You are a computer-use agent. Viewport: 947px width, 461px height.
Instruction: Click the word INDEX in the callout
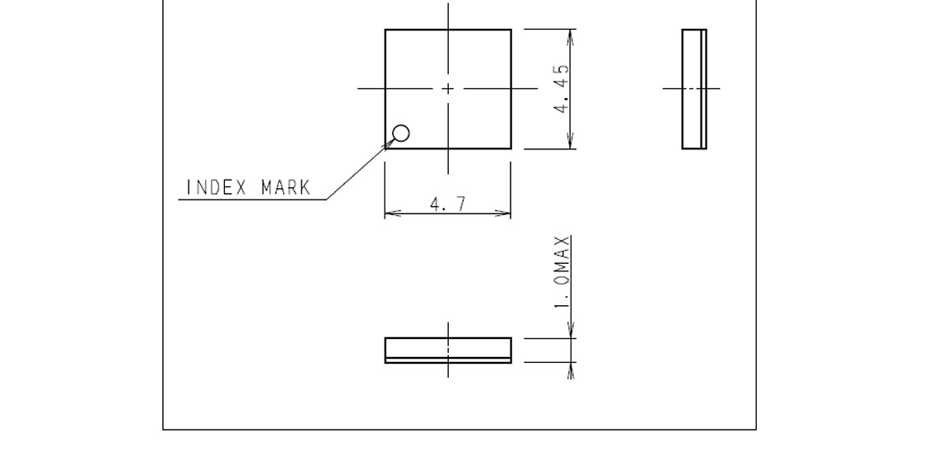click(217, 187)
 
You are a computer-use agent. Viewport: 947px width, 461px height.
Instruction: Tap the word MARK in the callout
click(287, 187)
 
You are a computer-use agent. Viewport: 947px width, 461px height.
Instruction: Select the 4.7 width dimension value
click(448, 205)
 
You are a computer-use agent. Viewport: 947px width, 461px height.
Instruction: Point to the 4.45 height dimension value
click(562, 88)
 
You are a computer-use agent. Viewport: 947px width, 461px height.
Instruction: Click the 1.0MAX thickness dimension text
click(562, 272)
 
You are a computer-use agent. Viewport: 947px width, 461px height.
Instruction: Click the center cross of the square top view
click(448, 89)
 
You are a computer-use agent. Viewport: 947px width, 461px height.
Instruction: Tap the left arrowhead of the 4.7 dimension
click(393, 213)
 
